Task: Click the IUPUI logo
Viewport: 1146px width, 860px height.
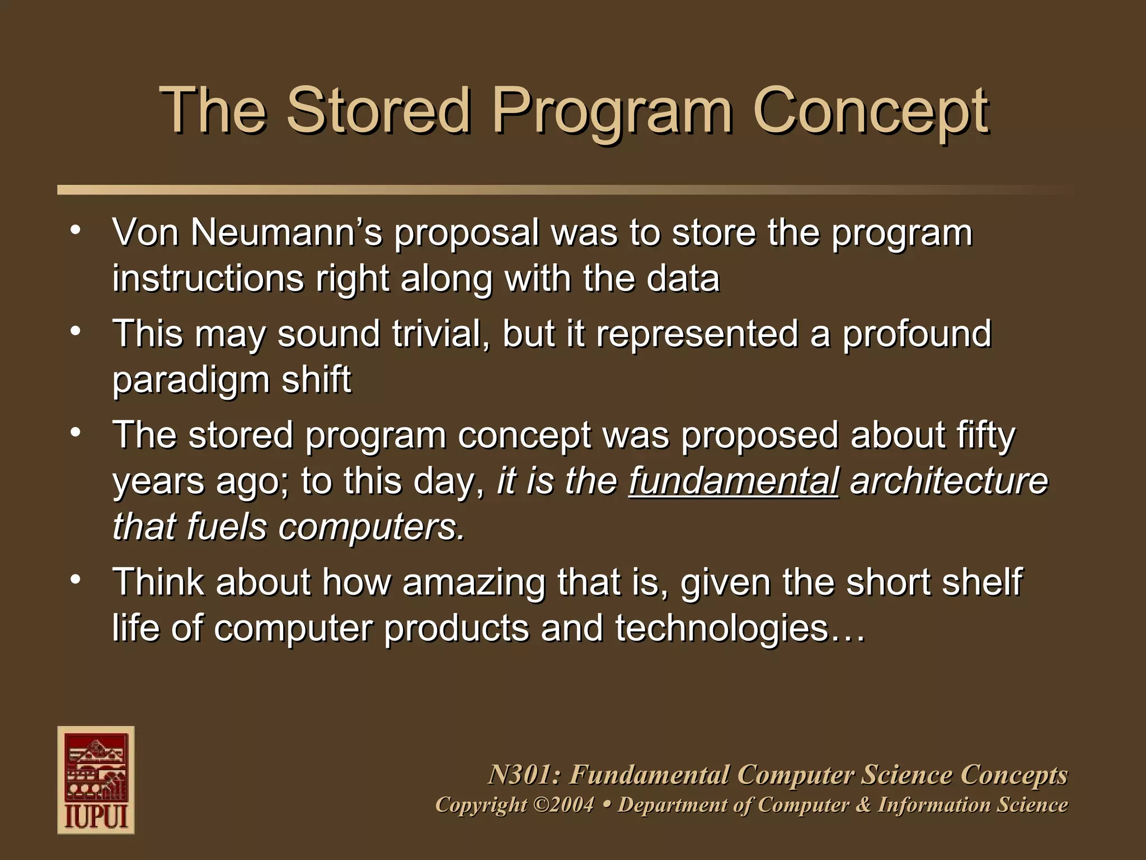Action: [x=96, y=780]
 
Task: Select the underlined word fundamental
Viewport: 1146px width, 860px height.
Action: [x=733, y=481]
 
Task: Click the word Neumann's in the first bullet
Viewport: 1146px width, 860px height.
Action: [x=286, y=232]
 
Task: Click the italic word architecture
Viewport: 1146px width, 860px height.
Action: [x=948, y=481]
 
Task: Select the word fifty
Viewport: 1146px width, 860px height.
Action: [x=985, y=436]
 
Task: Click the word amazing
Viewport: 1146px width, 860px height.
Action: [x=473, y=582]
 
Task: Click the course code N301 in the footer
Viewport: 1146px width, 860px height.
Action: [x=524, y=775]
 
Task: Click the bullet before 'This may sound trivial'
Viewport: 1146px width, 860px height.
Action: [x=76, y=330]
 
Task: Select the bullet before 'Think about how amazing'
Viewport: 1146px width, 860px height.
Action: [x=76, y=578]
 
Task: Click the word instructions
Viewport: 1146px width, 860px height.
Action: [x=207, y=278]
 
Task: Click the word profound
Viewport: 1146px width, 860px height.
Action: [x=917, y=334]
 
